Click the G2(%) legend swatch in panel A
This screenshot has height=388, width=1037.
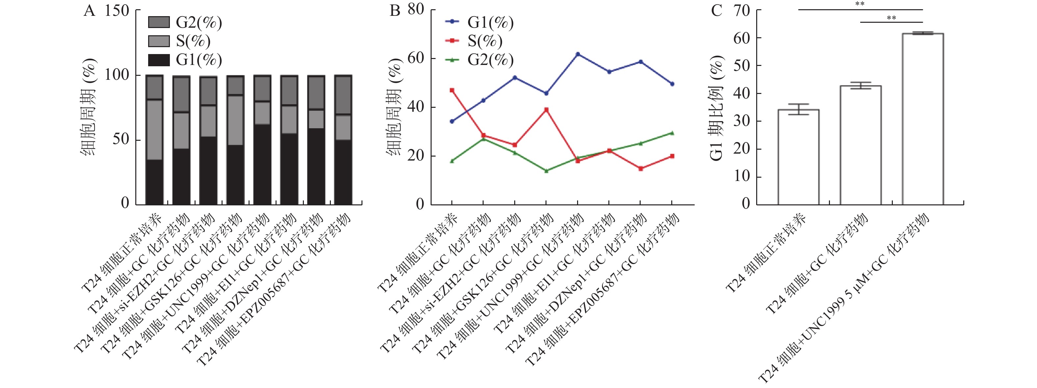tap(159, 22)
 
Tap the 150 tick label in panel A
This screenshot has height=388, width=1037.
tap(117, 11)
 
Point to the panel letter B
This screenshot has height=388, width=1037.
tap(395, 11)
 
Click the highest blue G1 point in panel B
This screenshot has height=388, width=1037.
tap(578, 54)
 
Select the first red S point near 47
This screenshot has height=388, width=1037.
tap(452, 90)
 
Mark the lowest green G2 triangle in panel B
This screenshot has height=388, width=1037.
tap(546, 171)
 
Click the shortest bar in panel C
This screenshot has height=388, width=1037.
tap(798, 157)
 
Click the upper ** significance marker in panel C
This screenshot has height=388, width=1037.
tap(860, 4)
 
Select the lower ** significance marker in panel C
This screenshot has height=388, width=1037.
tap(891, 18)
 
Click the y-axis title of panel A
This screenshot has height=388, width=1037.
tap(89, 107)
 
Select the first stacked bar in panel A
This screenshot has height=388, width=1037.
tap(154, 140)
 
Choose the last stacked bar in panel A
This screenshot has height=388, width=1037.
tap(343, 140)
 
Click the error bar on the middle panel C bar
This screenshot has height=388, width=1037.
tap(860, 85)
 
